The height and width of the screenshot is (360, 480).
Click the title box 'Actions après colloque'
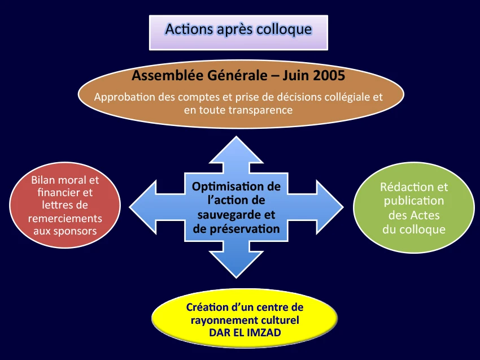click(x=238, y=32)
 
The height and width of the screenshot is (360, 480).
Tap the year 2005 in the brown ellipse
click(x=329, y=75)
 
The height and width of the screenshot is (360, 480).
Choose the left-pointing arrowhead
click(x=143, y=207)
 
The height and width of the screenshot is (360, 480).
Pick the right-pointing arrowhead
click(x=329, y=207)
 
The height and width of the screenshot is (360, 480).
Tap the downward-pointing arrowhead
click(x=236, y=264)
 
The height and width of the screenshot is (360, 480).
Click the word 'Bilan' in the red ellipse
click(x=43, y=180)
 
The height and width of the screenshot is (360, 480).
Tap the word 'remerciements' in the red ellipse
click(x=65, y=218)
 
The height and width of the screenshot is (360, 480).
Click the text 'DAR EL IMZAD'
click(x=245, y=332)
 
